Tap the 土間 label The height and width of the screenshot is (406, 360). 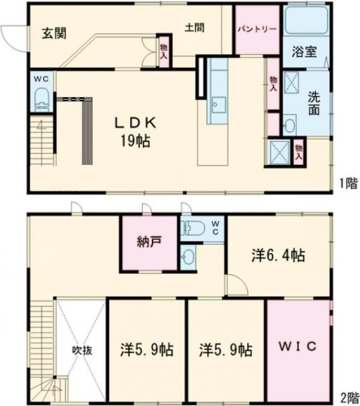[x=194, y=27]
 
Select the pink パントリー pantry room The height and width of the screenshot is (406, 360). [x=257, y=30]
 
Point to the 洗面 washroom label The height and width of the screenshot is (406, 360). [x=314, y=104]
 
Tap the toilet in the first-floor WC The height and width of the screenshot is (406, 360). [x=42, y=98]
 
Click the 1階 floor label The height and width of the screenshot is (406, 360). [x=347, y=184]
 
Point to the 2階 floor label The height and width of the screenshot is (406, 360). [x=349, y=398]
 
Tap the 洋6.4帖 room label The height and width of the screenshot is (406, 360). [x=277, y=255]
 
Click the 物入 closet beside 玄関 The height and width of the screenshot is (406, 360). [x=164, y=51]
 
